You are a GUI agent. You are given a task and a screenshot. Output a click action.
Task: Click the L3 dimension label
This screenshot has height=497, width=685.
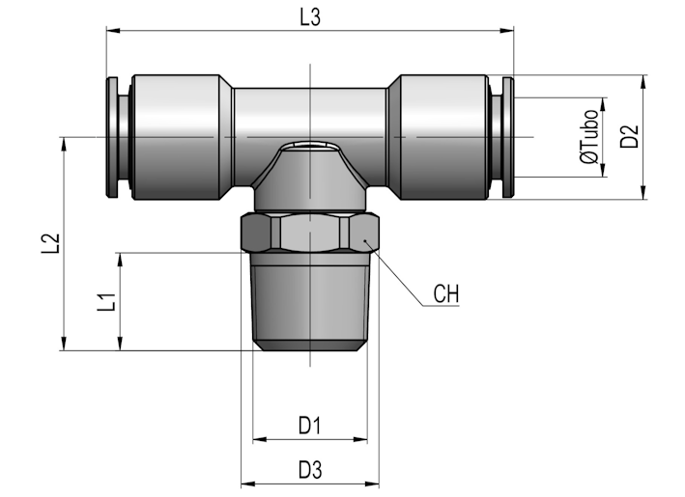pos(310,18)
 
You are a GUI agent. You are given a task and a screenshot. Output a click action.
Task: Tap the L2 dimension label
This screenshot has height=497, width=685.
pos(50,243)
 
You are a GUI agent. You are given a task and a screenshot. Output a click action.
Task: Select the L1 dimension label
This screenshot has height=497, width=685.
pos(106,302)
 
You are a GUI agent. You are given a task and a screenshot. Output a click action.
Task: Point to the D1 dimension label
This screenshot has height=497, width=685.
pos(310,426)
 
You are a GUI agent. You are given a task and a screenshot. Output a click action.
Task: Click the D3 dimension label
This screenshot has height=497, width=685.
pos(310,470)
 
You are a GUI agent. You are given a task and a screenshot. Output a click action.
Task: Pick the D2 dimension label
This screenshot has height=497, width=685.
pos(630,137)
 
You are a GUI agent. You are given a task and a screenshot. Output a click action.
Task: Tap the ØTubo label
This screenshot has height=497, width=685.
pos(589,137)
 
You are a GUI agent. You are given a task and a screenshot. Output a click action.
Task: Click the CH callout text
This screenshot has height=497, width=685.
pos(446,293)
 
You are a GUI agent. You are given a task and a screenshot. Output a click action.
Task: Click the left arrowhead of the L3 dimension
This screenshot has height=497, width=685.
pos(113,31)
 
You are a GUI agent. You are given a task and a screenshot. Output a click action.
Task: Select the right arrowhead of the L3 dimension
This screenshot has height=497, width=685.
pos(507,31)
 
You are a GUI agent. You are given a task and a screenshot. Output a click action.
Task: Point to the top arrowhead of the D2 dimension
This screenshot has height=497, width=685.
pos(643,82)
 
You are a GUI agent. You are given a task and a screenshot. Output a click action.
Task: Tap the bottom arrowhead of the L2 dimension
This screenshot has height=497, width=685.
pos(64,343)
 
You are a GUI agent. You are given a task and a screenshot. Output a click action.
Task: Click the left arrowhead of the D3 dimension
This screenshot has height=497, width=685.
pos(248,483)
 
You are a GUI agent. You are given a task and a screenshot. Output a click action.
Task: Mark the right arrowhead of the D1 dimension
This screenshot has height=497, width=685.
pos(360,439)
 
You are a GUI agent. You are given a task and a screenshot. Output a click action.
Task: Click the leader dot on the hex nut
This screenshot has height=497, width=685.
pos(365,240)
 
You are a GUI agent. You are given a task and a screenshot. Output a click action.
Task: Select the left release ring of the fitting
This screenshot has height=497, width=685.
pos(112,137)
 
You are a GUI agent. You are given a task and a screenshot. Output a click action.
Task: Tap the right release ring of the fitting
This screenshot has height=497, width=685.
pos(508,137)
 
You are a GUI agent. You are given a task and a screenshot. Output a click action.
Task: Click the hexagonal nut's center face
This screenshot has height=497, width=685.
pos(310,234)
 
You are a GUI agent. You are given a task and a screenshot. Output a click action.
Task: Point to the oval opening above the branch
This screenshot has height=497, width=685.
pos(310,145)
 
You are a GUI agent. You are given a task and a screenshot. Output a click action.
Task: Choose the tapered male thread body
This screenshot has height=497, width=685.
pos(310,302)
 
